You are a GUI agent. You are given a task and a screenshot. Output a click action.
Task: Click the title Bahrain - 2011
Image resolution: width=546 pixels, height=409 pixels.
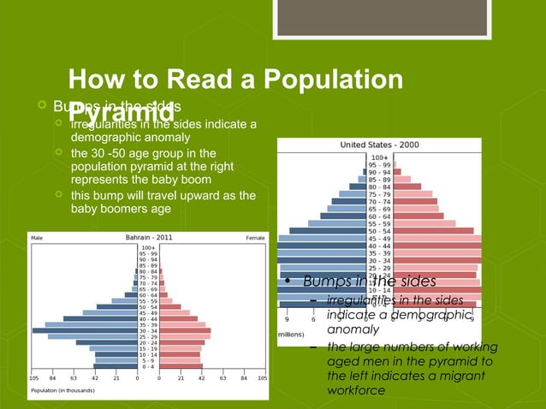(147, 237)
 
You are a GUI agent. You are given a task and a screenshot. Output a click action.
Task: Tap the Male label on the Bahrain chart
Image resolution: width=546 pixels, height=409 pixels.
(39, 238)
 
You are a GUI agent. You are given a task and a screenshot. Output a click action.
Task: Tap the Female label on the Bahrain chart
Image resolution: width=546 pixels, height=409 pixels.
(254, 238)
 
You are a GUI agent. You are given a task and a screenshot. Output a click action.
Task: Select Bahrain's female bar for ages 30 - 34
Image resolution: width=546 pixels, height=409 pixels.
(185, 329)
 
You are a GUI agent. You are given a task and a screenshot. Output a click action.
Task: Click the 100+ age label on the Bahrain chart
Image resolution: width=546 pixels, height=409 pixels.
(147, 248)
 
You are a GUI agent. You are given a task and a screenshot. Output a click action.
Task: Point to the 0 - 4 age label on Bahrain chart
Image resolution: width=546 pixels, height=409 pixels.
(148, 366)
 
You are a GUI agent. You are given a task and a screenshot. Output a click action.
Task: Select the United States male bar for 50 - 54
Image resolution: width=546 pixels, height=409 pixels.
(328, 231)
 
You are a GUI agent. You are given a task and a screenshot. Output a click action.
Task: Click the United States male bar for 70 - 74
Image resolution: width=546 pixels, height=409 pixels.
(347, 202)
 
